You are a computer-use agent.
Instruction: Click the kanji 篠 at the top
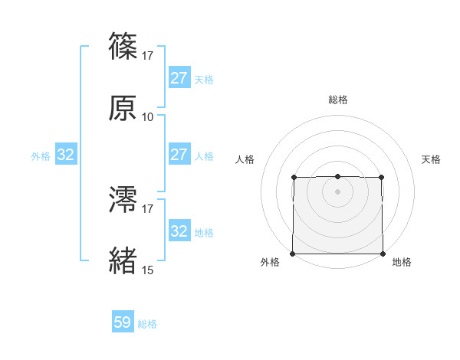(x=123, y=47)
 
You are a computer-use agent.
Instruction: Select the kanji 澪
(x=123, y=200)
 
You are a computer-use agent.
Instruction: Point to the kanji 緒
(x=123, y=261)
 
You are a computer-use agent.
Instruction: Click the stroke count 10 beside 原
(x=148, y=117)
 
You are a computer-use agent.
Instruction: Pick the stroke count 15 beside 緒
(x=148, y=270)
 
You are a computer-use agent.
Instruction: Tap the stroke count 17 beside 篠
(x=148, y=56)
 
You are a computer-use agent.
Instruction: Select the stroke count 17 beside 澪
(x=148, y=209)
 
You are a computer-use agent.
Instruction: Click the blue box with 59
(x=123, y=322)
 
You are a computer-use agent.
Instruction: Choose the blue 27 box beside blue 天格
(x=179, y=77)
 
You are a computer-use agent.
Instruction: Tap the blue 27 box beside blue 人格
(x=179, y=154)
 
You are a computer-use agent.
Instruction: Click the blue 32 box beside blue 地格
(x=179, y=231)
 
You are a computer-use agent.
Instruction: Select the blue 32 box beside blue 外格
(x=66, y=155)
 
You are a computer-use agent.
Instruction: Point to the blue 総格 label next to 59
(x=147, y=324)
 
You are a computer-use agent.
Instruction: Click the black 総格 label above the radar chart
(x=338, y=100)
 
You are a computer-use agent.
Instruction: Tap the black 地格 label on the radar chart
(x=402, y=263)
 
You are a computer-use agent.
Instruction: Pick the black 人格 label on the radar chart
(x=245, y=159)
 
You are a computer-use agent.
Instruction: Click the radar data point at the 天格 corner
(x=382, y=178)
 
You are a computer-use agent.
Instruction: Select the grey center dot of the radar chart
(x=337, y=191)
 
